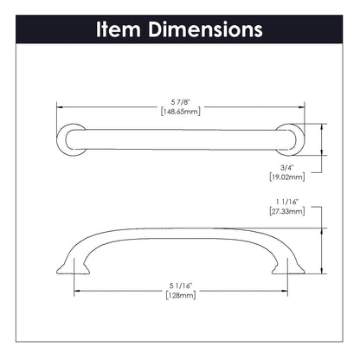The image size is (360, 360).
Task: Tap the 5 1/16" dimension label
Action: pyautogui.click(x=180, y=282)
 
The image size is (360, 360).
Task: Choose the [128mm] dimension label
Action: pyautogui.click(x=180, y=294)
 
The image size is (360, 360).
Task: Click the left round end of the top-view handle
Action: pyautogui.click(x=71, y=138)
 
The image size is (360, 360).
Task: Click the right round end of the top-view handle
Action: pyautogui.click(x=291, y=138)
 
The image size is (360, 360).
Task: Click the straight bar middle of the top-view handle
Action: pyautogui.click(x=180, y=138)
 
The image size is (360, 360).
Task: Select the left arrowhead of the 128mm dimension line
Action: pyautogui.click(x=77, y=288)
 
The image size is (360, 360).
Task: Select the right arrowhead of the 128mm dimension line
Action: pyautogui.click(x=285, y=288)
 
